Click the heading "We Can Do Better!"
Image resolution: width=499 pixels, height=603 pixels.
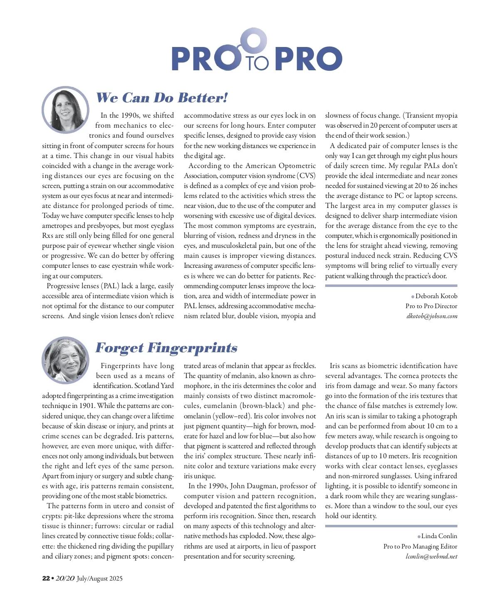(x=162, y=98)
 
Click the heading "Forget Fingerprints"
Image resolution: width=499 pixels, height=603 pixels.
(x=166, y=348)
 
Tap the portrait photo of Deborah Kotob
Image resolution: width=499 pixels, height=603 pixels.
(x=65, y=110)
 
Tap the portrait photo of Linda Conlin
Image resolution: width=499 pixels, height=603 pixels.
(x=65, y=360)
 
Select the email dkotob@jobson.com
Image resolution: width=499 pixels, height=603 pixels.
(x=432, y=316)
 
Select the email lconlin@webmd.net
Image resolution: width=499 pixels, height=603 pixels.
(x=431, y=556)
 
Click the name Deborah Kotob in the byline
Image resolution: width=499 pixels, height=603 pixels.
(x=436, y=296)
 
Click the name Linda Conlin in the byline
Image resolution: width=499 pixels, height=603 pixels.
(x=439, y=536)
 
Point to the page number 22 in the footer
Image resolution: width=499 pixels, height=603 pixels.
(x=46, y=578)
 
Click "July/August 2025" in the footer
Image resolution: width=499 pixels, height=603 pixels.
(x=99, y=578)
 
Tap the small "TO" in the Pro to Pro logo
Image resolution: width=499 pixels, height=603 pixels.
(x=257, y=63)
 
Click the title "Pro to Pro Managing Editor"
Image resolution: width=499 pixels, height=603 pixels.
(x=420, y=546)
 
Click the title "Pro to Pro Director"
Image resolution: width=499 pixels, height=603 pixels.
(x=431, y=306)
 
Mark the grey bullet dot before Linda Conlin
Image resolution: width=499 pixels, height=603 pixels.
(x=419, y=536)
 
